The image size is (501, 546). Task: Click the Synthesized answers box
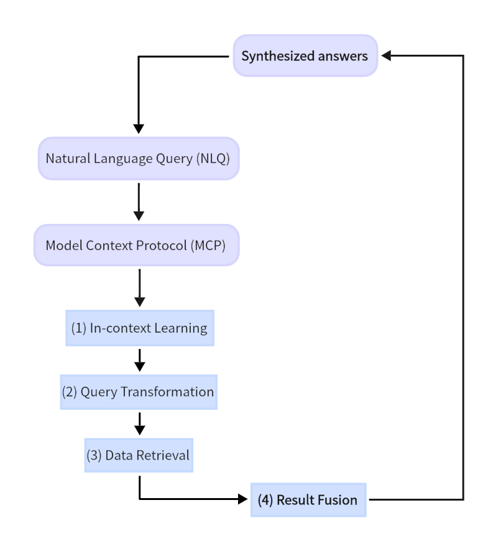point(305,56)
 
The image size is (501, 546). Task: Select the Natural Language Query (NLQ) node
point(138,159)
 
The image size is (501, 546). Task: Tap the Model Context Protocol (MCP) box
point(136,245)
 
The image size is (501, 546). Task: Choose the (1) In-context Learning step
point(140,328)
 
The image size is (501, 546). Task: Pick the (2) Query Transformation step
point(139,392)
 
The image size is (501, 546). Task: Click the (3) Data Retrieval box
point(139,455)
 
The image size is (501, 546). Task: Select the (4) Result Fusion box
point(308,499)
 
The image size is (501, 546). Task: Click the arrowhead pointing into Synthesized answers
point(386,56)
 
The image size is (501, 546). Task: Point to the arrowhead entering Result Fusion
point(243,499)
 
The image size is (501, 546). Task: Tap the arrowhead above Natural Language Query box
point(139,129)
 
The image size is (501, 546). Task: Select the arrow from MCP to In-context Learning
point(139,287)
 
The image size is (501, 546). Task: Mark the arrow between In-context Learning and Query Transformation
point(139,359)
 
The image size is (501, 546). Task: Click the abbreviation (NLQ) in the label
point(213,159)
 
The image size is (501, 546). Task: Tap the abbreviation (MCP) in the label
point(208,245)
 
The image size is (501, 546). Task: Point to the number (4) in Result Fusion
point(265,499)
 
